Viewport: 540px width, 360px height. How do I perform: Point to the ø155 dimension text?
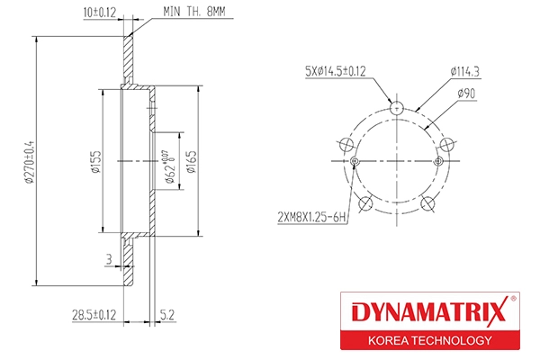94,161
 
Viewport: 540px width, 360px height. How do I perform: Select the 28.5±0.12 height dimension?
94,314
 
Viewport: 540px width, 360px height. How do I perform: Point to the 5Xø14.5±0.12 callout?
336,70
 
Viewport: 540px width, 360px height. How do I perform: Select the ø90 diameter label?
467,93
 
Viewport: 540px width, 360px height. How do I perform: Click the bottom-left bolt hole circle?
365,204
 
